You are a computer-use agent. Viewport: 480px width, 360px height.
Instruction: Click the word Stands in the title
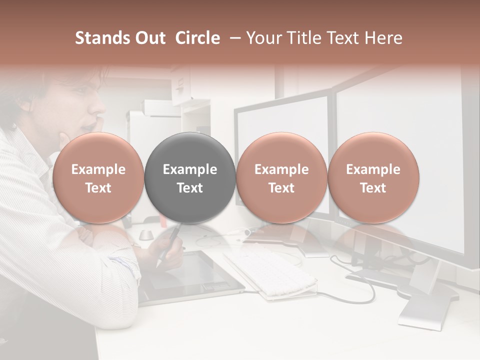click(99, 38)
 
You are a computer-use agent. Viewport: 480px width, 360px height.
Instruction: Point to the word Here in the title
click(384, 38)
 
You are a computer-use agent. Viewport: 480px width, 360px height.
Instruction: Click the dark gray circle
click(190, 177)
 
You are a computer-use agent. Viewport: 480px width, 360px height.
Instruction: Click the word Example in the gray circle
click(190, 169)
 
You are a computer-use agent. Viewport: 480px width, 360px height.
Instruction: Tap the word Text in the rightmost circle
click(373, 188)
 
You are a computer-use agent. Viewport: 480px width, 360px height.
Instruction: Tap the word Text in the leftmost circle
click(98, 188)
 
